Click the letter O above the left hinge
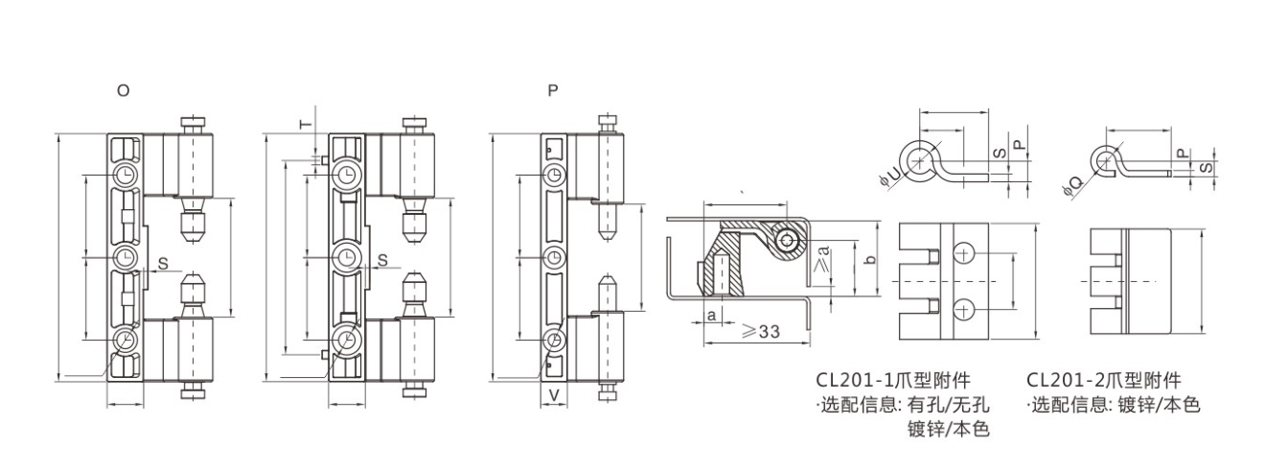pos(123,90)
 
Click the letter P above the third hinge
pos(554,90)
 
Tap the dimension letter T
pos(305,125)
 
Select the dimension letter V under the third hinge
pos(555,395)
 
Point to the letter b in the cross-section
pos(870,259)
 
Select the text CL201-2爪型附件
pos(1104,380)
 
